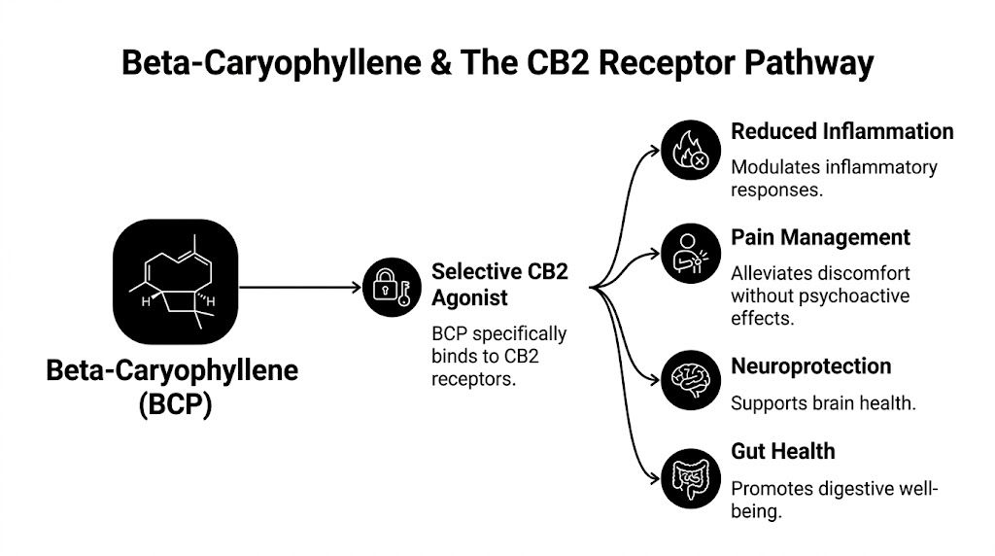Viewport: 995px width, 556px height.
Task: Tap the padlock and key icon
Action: [392, 287]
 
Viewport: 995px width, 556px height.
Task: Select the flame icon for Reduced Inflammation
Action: [691, 152]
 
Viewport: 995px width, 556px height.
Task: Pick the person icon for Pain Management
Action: [691, 255]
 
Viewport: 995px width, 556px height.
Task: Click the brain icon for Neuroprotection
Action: [691, 379]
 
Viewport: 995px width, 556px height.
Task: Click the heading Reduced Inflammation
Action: [841, 131]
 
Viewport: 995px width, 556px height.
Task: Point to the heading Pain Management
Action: [820, 237]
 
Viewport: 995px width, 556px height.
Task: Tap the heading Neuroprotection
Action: [810, 366]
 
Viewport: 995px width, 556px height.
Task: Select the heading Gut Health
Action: [782, 451]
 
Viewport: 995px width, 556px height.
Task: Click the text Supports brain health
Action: [823, 402]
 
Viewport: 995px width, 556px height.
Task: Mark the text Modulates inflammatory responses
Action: [834, 178]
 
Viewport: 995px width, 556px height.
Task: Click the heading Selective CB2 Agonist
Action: [499, 283]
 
